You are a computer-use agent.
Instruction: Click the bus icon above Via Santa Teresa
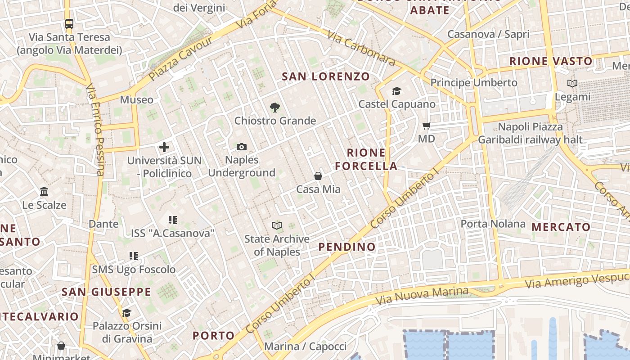click(x=69, y=23)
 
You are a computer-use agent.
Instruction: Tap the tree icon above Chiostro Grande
click(x=274, y=108)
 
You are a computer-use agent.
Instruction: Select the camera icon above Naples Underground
click(x=242, y=147)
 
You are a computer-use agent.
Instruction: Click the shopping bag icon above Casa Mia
click(x=318, y=176)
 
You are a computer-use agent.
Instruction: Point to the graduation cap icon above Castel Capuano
click(x=396, y=91)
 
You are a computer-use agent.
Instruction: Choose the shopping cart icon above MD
click(x=426, y=126)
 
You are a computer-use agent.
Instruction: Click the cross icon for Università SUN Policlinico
click(x=164, y=147)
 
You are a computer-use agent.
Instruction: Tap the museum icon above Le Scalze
click(x=44, y=192)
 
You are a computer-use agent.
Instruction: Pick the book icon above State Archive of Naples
click(x=277, y=225)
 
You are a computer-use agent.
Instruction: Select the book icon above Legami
click(x=572, y=84)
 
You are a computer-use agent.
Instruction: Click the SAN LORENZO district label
click(x=325, y=76)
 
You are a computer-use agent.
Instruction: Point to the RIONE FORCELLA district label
click(x=366, y=159)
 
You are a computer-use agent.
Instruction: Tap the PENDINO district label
click(x=346, y=247)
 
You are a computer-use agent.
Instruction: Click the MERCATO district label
click(x=561, y=227)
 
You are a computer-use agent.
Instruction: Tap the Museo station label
click(x=136, y=99)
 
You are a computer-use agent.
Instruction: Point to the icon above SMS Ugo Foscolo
click(x=134, y=256)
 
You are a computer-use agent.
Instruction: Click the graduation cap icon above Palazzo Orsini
click(x=126, y=312)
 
